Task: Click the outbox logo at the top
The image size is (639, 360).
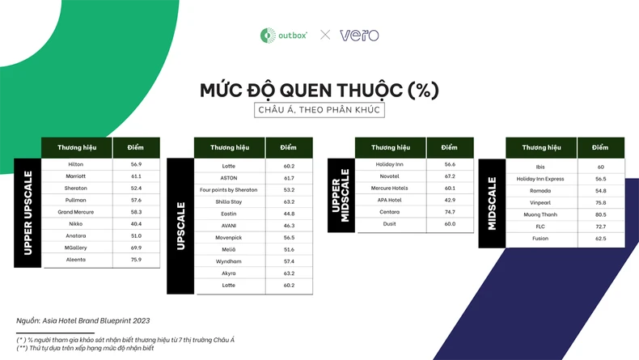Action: pyautogui.click(x=283, y=35)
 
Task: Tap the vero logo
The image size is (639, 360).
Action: pyautogui.click(x=359, y=35)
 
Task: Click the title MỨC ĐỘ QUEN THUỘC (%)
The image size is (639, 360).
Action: pyautogui.click(x=319, y=90)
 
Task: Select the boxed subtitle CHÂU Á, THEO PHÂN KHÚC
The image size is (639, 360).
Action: pyautogui.click(x=319, y=110)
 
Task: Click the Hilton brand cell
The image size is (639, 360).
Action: pyautogui.click(x=76, y=164)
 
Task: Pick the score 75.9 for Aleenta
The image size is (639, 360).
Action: pyautogui.click(x=136, y=260)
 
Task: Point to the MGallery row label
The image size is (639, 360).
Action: pyautogui.click(x=76, y=248)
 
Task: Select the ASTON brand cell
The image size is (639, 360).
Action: pyautogui.click(x=230, y=178)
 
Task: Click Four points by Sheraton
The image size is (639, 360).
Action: pyautogui.click(x=230, y=190)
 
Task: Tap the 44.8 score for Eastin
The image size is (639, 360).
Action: pyautogui.click(x=288, y=214)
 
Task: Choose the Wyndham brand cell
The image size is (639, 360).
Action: pyautogui.click(x=230, y=262)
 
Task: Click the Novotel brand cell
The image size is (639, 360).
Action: pyautogui.click(x=389, y=176)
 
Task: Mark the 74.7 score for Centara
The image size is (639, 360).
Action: pyautogui.click(x=449, y=211)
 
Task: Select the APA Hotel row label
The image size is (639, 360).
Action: pyautogui.click(x=389, y=200)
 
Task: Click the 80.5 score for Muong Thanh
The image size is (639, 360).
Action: pyautogui.click(x=600, y=215)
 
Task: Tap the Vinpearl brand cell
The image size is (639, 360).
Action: pyautogui.click(x=541, y=203)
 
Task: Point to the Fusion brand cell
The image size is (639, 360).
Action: pyautogui.click(x=541, y=239)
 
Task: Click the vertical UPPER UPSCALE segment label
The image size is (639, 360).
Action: pyautogui.click(x=28, y=213)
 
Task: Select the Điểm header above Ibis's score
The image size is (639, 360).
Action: pyautogui.click(x=600, y=148)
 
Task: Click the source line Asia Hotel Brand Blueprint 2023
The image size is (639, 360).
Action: pyautogui.click(x=83, y=321)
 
